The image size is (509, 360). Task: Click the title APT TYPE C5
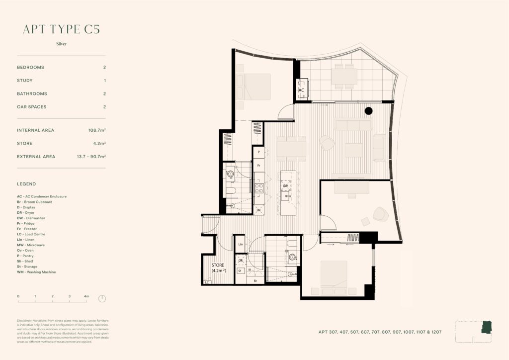(61, 29)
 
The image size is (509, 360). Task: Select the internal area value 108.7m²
(96, 130)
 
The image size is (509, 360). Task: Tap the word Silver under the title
(61, 44)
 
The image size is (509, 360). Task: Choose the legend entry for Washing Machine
(36, 272)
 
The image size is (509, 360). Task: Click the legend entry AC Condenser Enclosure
(42, 196)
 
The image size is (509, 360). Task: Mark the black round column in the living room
(368, 111)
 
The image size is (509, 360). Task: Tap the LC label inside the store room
(207, 282)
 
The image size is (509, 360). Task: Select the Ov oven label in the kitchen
(259, 210)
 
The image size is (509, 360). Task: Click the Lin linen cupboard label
(240, 244)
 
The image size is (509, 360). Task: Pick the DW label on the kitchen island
(285, 186)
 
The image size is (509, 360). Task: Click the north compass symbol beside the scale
(102, 298)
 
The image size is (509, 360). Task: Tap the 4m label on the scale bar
(86, 296)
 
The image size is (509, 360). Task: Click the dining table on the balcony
(344, 76)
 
